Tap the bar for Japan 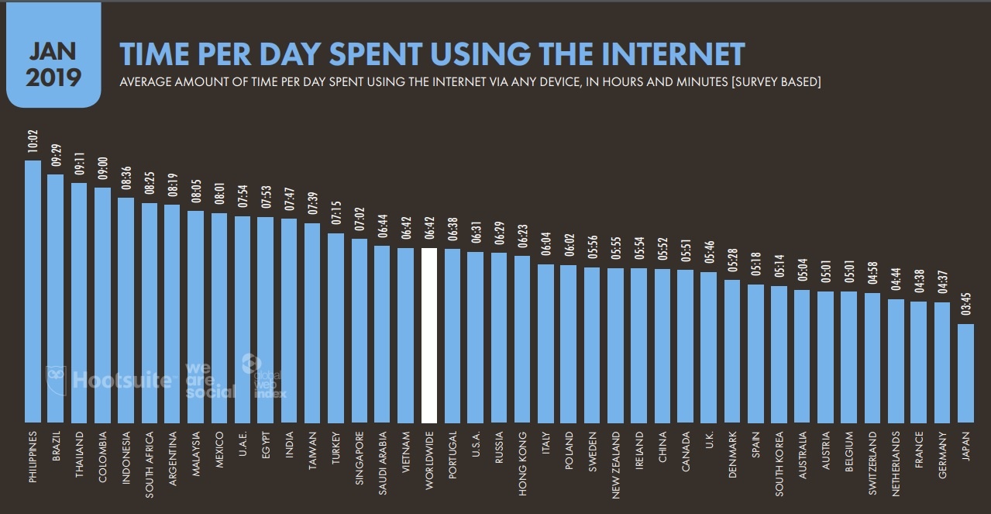[965, 371]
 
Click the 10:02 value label [33, 147]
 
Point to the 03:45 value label [965, 310]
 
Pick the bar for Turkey [336, 326]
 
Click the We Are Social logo [210, 380]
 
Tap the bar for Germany [942, 360]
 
